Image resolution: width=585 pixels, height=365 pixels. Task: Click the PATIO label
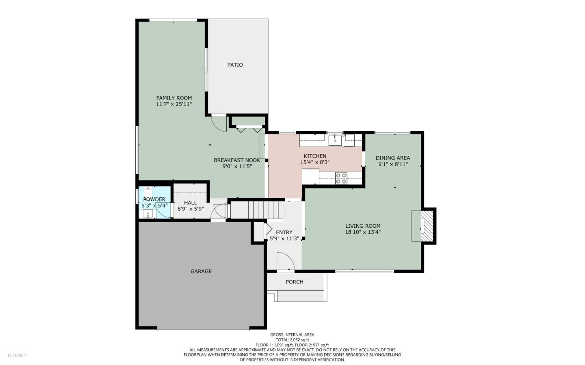tap(235, 65)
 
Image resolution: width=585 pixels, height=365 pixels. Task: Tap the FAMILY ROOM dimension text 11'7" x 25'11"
tap(174, 104)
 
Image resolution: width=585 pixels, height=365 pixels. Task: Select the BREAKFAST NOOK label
tap(237, 160)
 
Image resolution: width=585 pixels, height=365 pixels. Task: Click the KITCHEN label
tap(315, 156)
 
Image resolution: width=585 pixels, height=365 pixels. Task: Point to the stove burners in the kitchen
tap(341, 178)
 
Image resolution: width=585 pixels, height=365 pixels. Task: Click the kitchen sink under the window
tap(335, 140)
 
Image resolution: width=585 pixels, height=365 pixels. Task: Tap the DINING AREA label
tap(392, 158)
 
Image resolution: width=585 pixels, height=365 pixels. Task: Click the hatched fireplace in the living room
tap(427, 226)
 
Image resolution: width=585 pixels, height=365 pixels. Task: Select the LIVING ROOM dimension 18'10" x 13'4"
tap(363, 232)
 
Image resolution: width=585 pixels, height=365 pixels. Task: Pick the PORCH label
tap(295, 282)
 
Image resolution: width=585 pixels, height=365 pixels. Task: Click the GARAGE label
tap(201, 271)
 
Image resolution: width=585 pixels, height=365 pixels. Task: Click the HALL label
tap(190, 203)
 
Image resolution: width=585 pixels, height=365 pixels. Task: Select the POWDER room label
tap(154, 199)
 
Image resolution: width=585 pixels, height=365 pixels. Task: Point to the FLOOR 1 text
tap(17, 355)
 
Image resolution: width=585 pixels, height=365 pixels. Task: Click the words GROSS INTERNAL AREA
tap(292, 335)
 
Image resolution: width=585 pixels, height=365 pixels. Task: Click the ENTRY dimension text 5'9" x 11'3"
tap(284, 239)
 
